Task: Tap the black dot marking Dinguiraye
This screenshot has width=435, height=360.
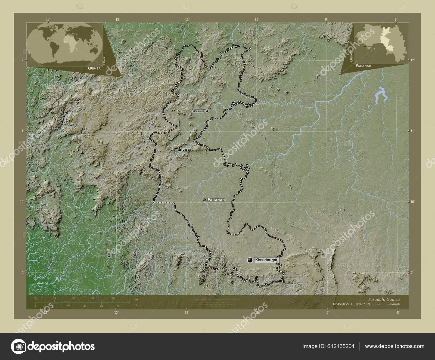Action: (207, 111)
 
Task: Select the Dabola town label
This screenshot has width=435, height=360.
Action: (187, 150)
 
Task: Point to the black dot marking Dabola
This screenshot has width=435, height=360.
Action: (179, 150)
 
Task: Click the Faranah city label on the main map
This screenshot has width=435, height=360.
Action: (216, 200)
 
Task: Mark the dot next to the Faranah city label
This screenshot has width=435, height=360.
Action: (204, 200)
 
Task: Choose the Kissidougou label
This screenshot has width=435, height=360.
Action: (267, 260)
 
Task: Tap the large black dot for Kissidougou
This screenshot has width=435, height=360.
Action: (250, 260)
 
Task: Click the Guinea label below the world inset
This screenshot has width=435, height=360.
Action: (94, 68)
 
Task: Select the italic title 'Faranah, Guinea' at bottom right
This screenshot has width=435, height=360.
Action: (384, 299)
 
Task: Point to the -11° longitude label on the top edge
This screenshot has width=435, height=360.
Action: (187, 19)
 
